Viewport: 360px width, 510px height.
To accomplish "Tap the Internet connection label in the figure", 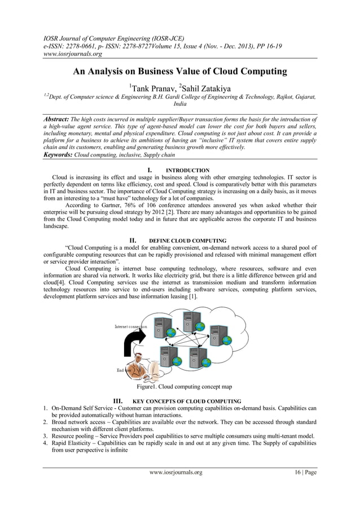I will (x=130, y=327).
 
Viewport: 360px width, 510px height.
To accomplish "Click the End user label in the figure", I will (x=125, y=370).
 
